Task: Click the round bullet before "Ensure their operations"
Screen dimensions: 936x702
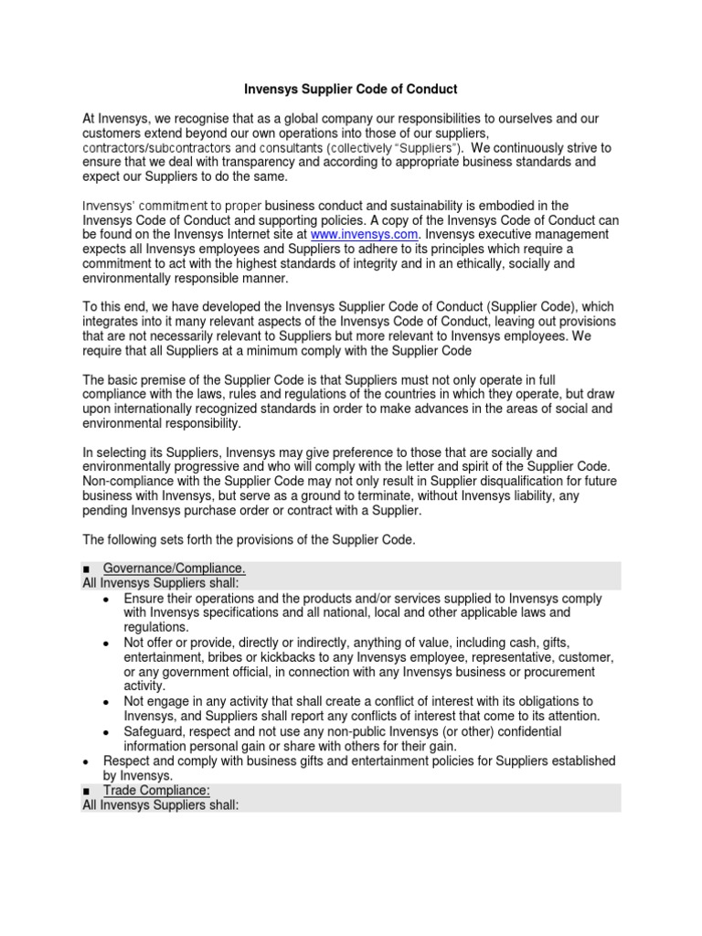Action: (x=107, y=599)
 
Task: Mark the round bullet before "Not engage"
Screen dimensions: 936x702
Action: (x=107, y=702)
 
